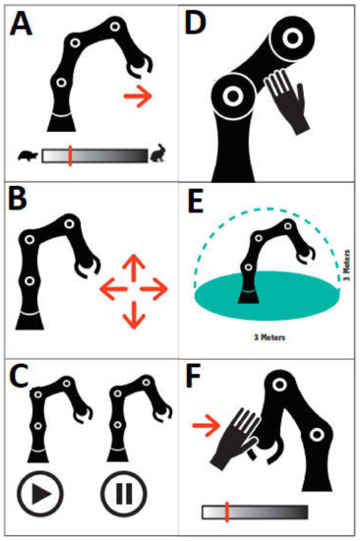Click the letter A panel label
coord(21,24)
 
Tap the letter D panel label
coord(196,24)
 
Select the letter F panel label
coord(194,378)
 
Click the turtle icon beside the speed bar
coord(29,156)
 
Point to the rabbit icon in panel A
coord(158,153)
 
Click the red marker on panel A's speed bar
coord(70,155)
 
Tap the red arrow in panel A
coord(138,96)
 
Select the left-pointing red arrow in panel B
coord(113,289)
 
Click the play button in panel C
coord(40,494)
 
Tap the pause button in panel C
coord(124,494)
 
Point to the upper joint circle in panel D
coord(293,38)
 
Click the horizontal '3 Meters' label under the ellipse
coord(270,336)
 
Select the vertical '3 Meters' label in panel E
coord(347,265)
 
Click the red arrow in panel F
coord(206,425)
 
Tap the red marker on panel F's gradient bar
coord(227,511)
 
